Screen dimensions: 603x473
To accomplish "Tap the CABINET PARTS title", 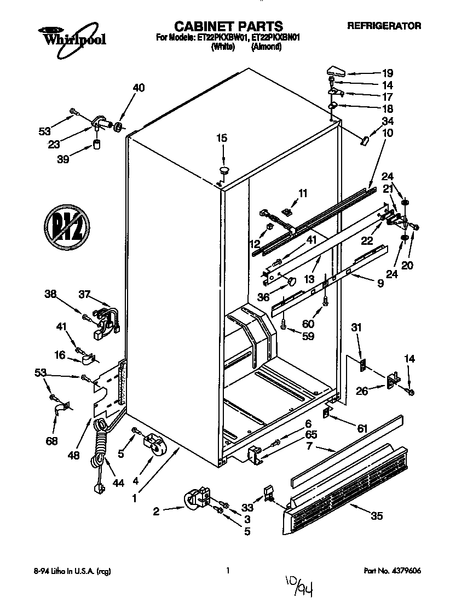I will pos(228,26).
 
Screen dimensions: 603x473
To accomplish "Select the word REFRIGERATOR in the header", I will pos(384,26).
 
